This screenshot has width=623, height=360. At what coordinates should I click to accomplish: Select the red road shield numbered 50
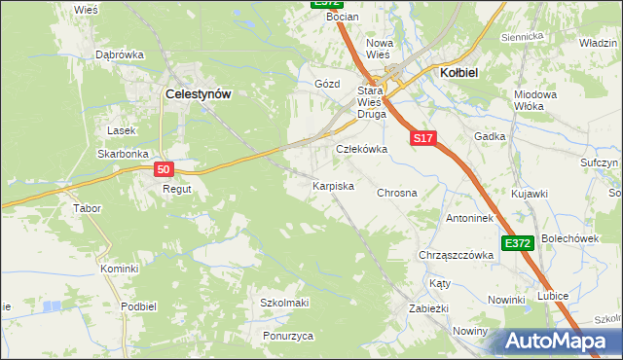tap(165, 169)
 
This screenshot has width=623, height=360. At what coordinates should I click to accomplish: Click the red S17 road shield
tap(422, 139)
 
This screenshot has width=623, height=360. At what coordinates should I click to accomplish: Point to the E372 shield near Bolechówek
tap(518, 243)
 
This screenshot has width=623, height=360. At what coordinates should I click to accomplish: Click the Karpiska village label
tap(332, 185)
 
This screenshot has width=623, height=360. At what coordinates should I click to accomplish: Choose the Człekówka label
tap(362, 149)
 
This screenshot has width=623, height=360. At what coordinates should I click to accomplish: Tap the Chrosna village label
tap(396, 193)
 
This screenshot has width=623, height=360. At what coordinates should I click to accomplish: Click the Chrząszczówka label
tap(456, 255)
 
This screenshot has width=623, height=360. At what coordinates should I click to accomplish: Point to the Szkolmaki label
tap(284, 303)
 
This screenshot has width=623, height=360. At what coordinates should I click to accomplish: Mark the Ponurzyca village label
tap(288, 336)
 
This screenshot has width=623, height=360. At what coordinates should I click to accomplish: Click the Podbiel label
tap(139, 306)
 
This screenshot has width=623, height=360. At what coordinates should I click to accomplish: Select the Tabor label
tap(88, 208)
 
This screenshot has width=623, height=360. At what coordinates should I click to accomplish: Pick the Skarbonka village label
tap(123, 154)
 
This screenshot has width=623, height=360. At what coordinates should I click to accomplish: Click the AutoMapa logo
tap(555, 341)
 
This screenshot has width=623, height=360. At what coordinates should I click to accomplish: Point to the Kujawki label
tap(530, 195)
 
